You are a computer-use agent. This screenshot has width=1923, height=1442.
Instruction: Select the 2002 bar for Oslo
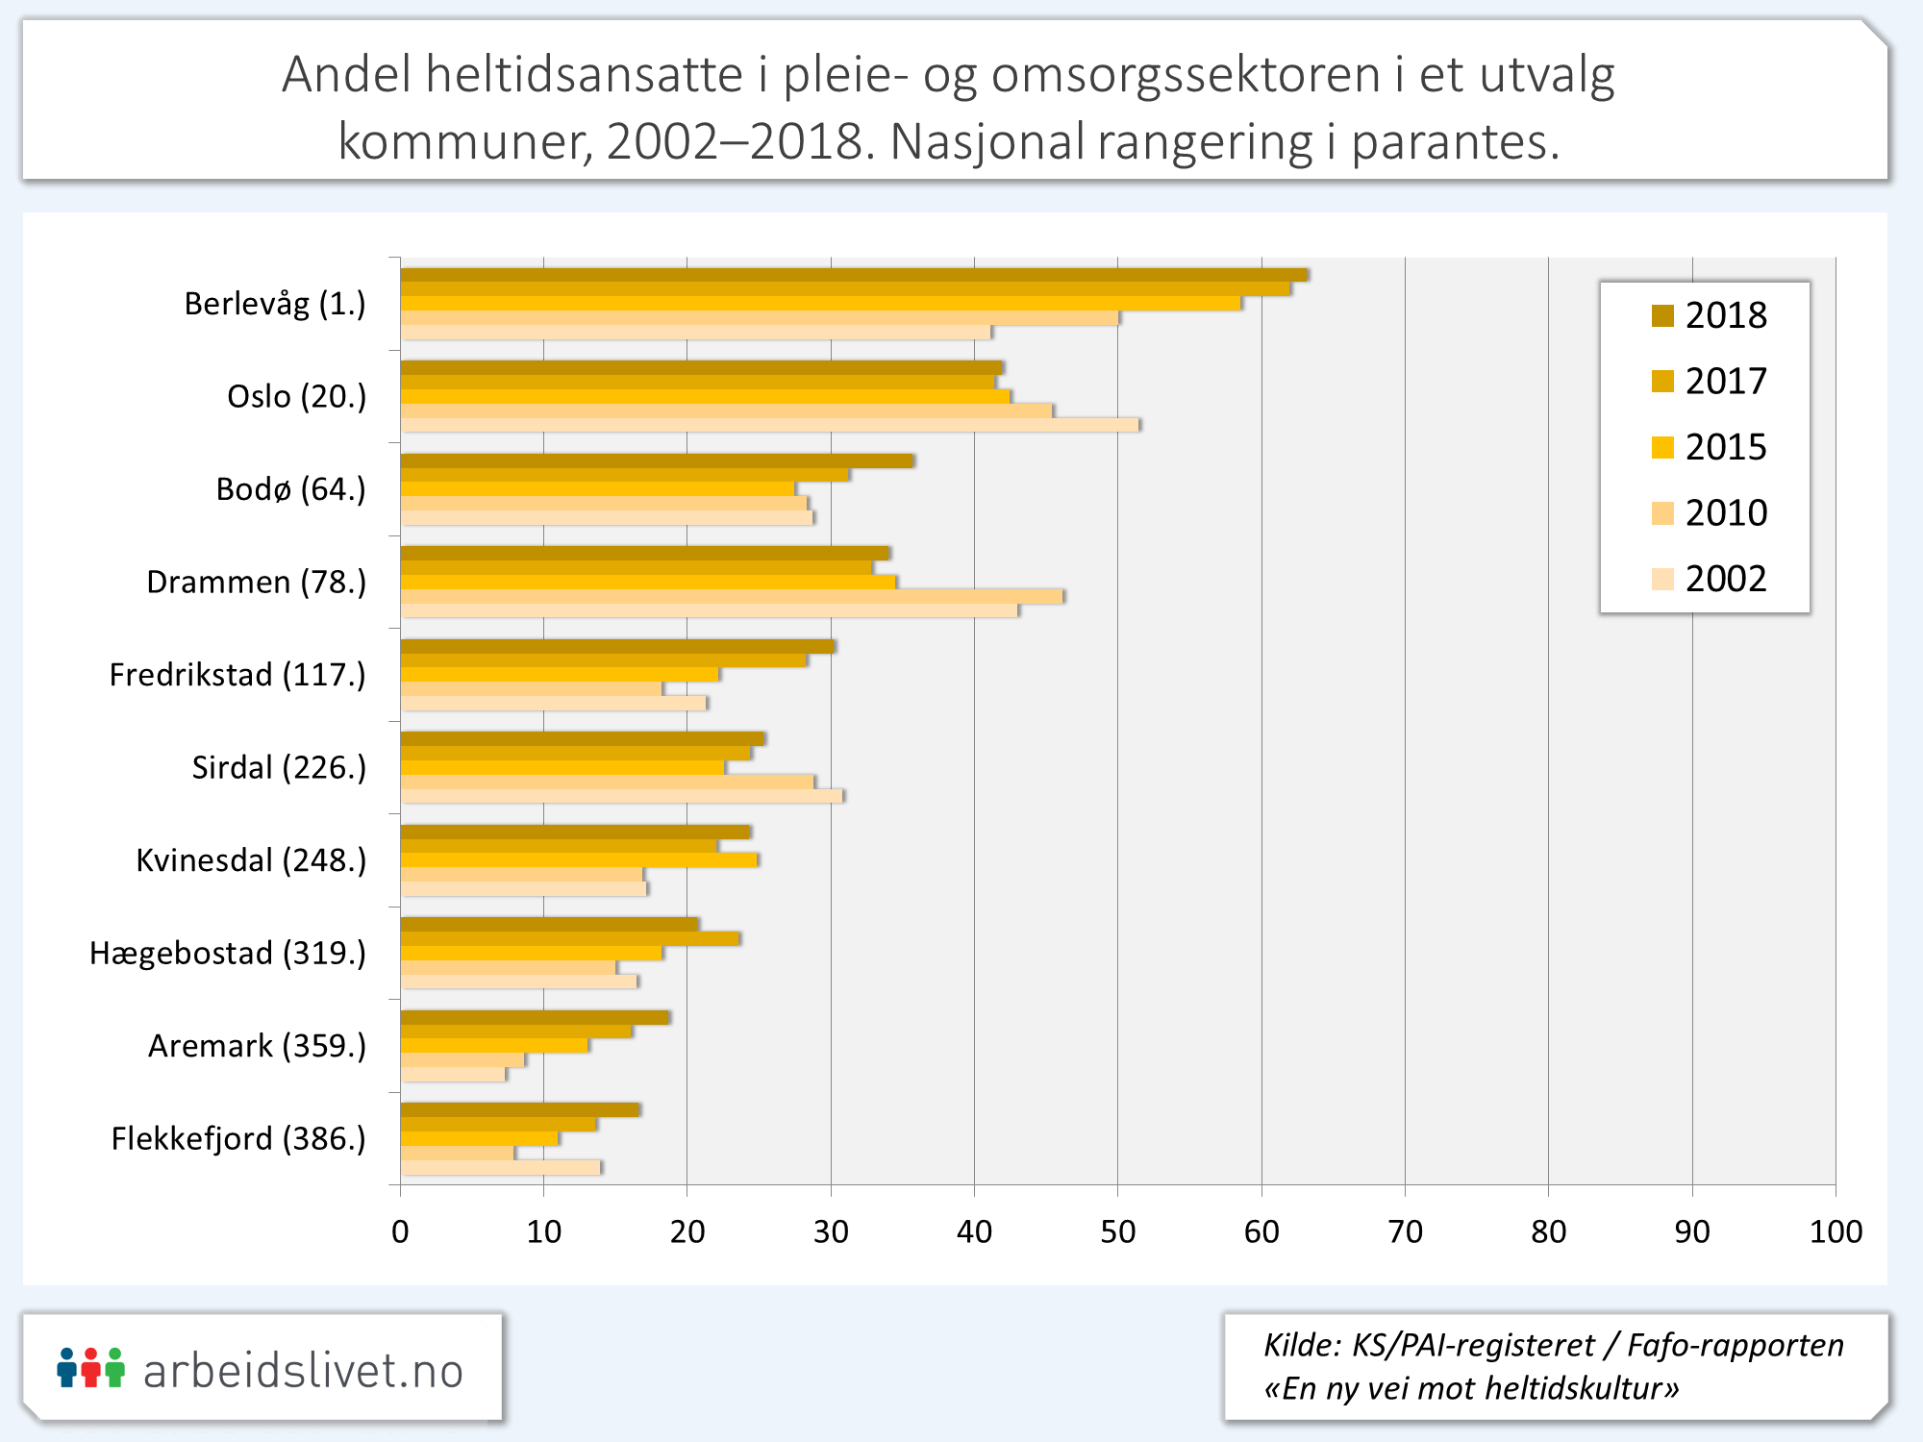click(769, 425)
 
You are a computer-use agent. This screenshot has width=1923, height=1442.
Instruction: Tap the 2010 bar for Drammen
click(732, 596)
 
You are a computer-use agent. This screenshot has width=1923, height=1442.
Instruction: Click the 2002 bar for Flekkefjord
click(500, 1167)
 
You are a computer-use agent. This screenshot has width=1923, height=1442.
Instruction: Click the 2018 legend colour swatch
click(1662, 315)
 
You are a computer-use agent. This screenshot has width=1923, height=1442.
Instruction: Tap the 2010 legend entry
click(1725, 513)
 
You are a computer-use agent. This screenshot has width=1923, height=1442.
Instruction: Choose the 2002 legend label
click(1726, 579)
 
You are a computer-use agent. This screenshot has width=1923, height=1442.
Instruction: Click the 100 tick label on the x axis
click(1836, 1231)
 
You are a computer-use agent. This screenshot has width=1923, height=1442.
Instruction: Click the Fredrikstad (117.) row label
click(237, 675)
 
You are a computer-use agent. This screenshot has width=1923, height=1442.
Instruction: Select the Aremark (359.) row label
click(257, 1046)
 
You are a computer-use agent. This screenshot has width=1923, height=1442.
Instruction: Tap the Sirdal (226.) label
click(279, 767)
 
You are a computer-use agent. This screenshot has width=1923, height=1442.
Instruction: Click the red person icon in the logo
click(90, 1368)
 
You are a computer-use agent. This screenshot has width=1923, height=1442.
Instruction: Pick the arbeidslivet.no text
click(303, 1371)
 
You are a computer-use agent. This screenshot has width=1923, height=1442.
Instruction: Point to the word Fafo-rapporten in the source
click(1735, 1345)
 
